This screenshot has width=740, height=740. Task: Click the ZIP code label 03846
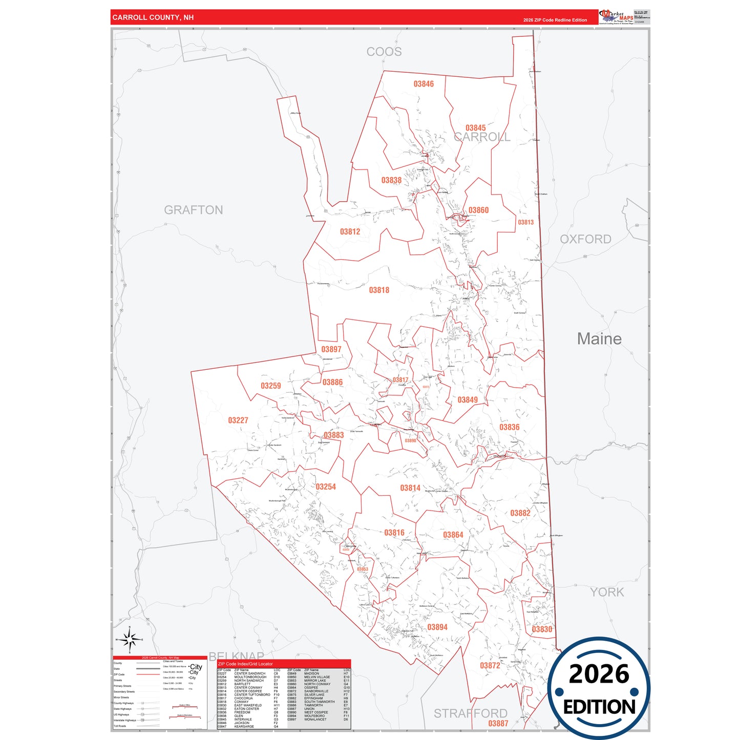[424, 84]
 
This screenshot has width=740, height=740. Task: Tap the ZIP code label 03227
[238, 420]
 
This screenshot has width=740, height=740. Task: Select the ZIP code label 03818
[379, 290]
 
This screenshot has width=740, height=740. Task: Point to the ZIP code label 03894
[437, 627]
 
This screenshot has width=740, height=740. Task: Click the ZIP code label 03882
[520, 513]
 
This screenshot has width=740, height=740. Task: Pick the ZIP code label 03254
[326, 487]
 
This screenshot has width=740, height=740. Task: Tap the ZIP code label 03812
[350, 232]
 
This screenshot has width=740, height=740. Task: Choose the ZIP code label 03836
[510, 427]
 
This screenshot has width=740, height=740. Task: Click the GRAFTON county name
[194, 210]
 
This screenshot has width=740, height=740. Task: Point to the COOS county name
[384, 52]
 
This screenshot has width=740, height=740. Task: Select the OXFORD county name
[585, 239]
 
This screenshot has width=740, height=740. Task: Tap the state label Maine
[599, 339]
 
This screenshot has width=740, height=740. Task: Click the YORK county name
[607, 593]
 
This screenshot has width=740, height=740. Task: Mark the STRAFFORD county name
[470, 713]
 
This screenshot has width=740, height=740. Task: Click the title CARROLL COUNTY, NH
[153, 17]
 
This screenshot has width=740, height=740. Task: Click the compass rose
[130, 639]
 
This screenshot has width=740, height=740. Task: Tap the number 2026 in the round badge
[599, 674]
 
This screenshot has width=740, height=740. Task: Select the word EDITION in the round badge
[599, 707]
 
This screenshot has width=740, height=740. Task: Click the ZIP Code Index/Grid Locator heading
[245, 664]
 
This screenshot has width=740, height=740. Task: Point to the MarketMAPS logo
[616, 17]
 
